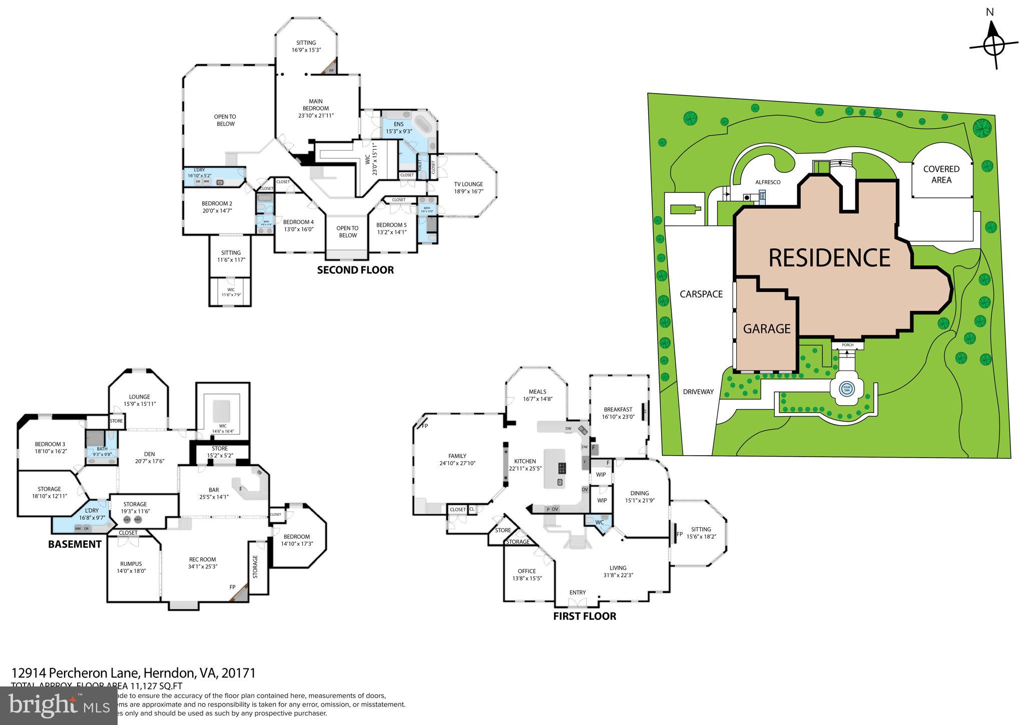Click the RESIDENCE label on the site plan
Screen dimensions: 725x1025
point(829,258)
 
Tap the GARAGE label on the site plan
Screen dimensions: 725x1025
point(766,329)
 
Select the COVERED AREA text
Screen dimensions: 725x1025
point(941,174)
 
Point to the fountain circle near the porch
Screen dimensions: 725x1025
point(847,388)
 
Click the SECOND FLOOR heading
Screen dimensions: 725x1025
point(355,270)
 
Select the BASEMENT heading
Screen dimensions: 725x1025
point(75,544)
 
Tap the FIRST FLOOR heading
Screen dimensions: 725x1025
point(584,616)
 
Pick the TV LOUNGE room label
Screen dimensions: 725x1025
point(468,184)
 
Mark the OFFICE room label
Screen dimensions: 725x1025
point(527,571)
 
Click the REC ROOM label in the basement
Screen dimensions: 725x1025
point(202,560)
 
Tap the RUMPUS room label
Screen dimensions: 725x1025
point(131,564)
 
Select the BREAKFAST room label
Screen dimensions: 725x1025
point(618,409)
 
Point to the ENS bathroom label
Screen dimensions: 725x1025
point(398,124)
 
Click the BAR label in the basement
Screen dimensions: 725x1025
point(214,490)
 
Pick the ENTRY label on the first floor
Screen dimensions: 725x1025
point(577,592)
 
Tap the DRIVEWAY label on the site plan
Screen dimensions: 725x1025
point(698,392)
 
